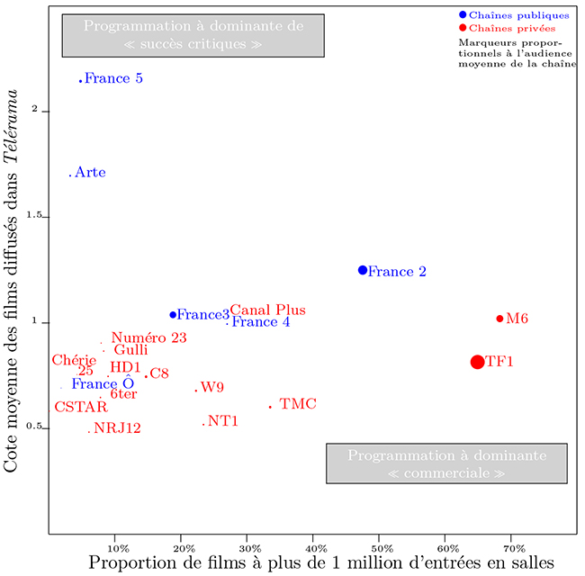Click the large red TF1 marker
[x=477, y=362]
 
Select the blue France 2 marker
[x=363, y=270]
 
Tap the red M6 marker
[x=499, y=319]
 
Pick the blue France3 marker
[x=173, y=315]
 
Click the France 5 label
[x=113, y=78]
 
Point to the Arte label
[x=90, y=172]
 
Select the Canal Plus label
[x=267, y=310]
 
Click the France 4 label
[x=261, y=321]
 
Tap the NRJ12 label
[x=118, y=427]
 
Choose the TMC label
[x=298, y=404]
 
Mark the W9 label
[x=212, y=387]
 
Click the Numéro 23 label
[x=148, y=337]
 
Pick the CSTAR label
[x=81, y=407]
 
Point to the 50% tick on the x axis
[x=380, y=546]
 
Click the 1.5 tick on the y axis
[x=35, y=217]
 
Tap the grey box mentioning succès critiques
[x=193, y=35]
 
